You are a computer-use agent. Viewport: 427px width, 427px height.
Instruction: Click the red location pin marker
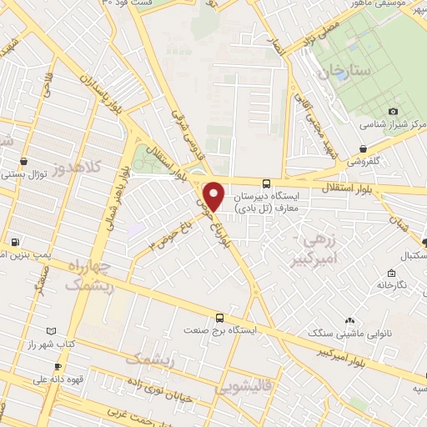click(x=214, y=195)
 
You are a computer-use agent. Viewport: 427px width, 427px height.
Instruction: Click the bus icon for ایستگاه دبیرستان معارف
click(x=266, y=183)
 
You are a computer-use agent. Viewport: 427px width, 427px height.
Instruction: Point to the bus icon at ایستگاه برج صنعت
click(x=219, y=318)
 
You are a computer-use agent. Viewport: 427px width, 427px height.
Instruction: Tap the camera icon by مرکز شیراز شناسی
click(x=394, y=111)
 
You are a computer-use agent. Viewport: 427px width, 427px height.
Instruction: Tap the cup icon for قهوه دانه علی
click(x=58, y=367)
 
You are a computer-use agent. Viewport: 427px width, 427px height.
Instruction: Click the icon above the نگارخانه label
click(x=390, y=273)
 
